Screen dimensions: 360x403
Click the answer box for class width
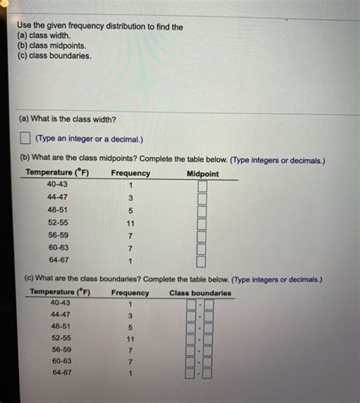point(25,139)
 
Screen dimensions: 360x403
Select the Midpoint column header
point(202,174)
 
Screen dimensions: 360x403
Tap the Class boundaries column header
point(201,293)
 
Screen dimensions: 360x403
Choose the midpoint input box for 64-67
point(201,261)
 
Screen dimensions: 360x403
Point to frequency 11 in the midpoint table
point(131,223)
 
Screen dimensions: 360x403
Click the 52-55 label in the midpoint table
point(58,222)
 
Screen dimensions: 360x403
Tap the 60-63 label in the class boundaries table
point(62,361)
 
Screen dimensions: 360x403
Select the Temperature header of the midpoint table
point(58,173)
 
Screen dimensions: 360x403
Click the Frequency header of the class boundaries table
point(130,293)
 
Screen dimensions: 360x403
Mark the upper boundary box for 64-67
point(207,373)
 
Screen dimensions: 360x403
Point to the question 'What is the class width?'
point(68,118)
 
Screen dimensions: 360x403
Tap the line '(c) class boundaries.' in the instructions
point(55,55)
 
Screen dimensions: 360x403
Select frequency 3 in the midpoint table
point(131,198)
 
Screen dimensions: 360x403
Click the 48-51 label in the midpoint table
point(58,210)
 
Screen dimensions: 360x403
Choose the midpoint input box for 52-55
point(202,224)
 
